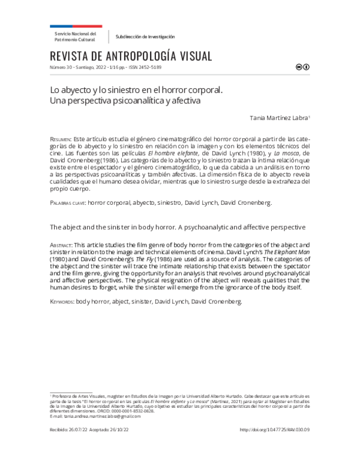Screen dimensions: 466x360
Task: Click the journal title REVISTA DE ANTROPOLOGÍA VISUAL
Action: point(132,56)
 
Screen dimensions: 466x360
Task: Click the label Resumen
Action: point(61,139)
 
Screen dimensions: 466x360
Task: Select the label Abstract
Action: point(61,246)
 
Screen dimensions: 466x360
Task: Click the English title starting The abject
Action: point(178,228)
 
